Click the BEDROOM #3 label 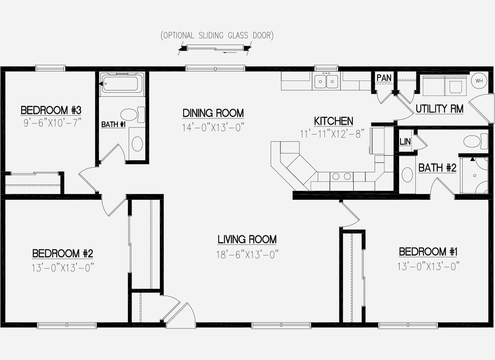pos(51,110)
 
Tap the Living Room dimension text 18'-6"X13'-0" pos(247,254)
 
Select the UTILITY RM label pos(440,109)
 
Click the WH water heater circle pos(479,81)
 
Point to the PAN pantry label pos(384,78)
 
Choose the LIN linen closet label pos(405,141)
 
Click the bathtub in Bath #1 pos(122,83)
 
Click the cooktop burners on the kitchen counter pos(342,176)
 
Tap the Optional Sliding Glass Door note pos(217,36)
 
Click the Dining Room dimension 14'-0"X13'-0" pos(213,127)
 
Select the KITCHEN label pos(333,121)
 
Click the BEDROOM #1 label pos(428,252)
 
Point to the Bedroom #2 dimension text pos(63,268)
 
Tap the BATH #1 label pos(113,124)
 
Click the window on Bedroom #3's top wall pos(50,68)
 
